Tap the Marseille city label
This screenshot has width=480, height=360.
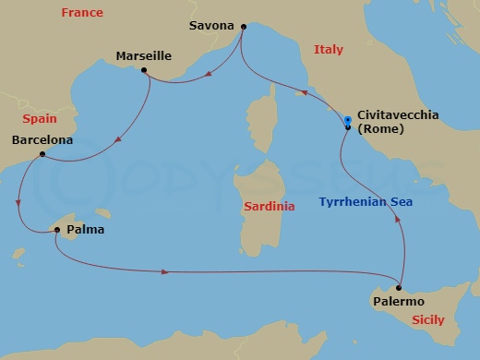coord(143,56)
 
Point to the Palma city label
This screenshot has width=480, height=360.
coord(86,229)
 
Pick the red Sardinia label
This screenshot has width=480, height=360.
coord(269,207)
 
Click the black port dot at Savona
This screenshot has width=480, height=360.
coord(243,26)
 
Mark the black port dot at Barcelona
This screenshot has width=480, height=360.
coord(42,155)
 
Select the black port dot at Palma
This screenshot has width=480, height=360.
coord(56,230)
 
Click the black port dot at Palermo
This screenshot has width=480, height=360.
coord(398,285)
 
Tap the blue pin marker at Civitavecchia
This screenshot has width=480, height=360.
coord(347,121)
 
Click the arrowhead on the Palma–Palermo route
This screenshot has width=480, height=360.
coord(165,271)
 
